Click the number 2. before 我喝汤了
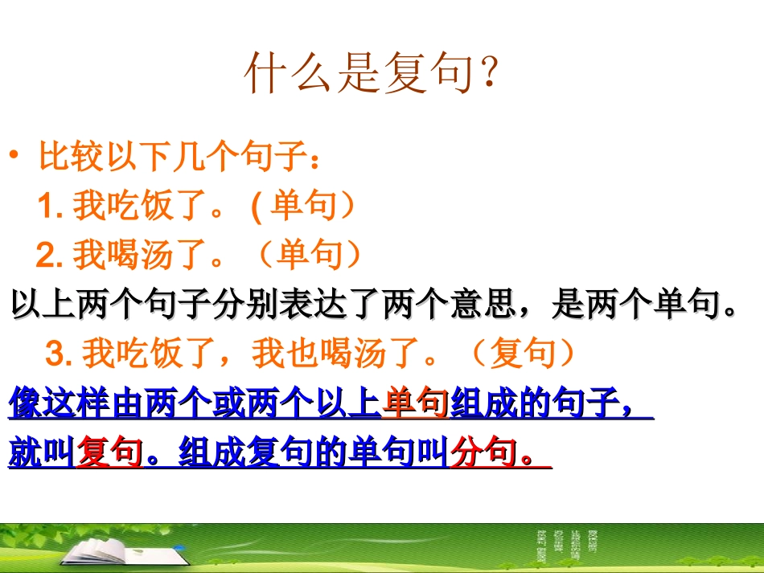50,256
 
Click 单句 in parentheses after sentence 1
302,207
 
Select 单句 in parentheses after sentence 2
310,256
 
